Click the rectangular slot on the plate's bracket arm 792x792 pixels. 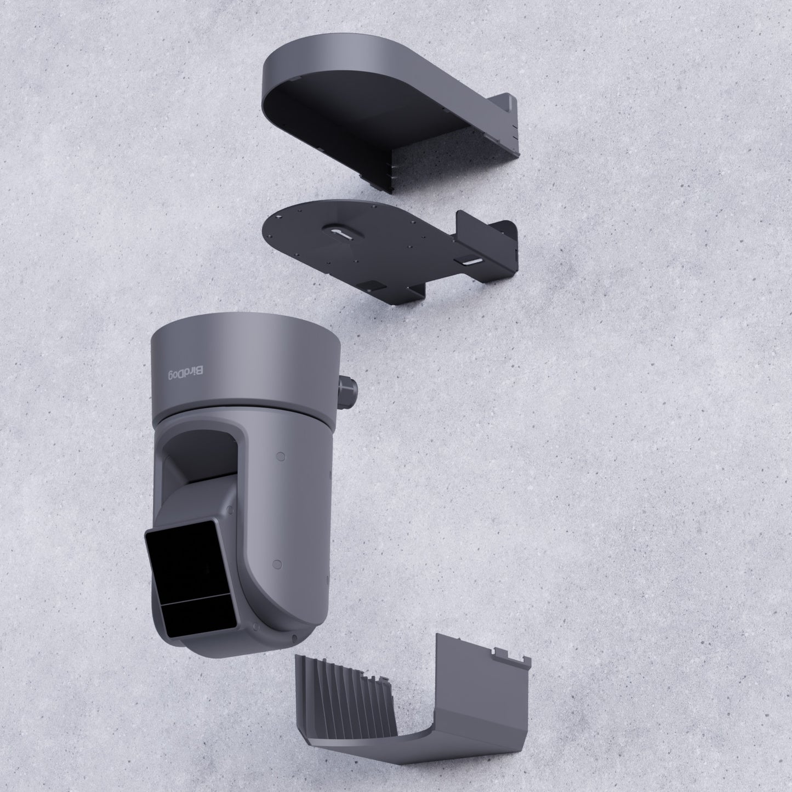(x=470, y=263)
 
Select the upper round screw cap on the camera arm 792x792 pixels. (x=280, y=455)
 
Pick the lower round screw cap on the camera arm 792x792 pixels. (x=276, y=563)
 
